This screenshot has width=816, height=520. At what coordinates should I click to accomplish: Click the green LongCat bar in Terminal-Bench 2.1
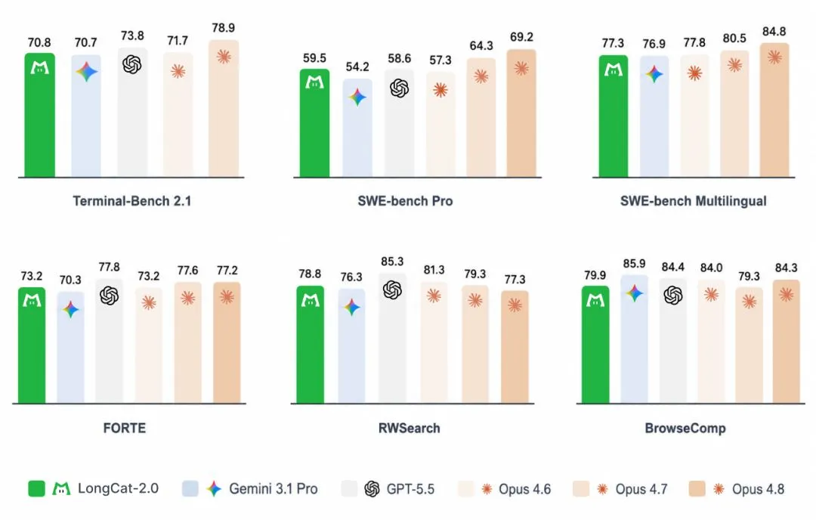coord(39,115)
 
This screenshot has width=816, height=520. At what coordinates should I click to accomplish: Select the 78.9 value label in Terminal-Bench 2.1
coord(223,28)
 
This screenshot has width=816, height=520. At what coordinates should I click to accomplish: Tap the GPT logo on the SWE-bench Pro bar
coord(399,88)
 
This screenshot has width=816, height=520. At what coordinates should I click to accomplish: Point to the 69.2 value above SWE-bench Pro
coord(521,37)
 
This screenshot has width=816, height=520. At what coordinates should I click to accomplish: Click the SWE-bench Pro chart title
coord(405,201)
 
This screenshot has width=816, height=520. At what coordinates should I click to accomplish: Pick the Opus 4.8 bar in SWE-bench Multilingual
coord(774,110)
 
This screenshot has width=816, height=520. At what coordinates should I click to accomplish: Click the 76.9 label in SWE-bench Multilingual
coord(654,44)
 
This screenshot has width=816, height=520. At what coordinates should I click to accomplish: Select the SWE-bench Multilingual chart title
coord(693,201)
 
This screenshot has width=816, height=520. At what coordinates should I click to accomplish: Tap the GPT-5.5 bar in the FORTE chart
coord(110,341)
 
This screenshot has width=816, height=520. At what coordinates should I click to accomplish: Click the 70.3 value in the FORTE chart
coord(70,280)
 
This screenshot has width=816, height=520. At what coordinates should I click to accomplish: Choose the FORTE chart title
coord(125,428)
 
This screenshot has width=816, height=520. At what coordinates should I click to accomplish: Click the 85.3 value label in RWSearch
coord(392,262)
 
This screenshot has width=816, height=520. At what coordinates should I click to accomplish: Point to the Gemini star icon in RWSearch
coord(352,307)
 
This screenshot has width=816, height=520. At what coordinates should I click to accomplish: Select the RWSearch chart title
coord(409,428)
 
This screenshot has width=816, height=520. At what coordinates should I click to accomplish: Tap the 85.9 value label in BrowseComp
coord(634,264)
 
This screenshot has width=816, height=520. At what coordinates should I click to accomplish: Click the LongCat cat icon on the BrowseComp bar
coord(595,300)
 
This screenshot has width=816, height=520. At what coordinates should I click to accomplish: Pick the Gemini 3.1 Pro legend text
coord(274,489)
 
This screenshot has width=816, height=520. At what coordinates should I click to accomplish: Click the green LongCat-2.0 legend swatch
coord(36,489)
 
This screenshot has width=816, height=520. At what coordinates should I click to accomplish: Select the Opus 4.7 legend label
coord(641,489)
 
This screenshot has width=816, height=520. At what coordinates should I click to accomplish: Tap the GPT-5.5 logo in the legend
coord(372,489)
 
